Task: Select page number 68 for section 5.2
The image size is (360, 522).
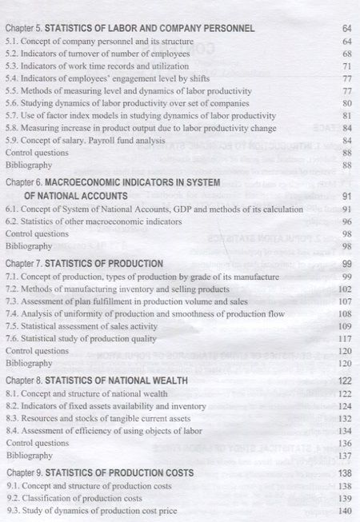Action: coord(347,54)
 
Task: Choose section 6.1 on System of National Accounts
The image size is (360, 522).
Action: coord(139,209)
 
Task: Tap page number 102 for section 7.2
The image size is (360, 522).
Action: coord(346,289)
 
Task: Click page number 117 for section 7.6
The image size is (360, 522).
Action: coord(346,339)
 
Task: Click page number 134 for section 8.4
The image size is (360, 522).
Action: coord(346,431)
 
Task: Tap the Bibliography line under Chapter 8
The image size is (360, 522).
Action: coord(30,456)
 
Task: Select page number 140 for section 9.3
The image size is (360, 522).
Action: coord(346,511)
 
